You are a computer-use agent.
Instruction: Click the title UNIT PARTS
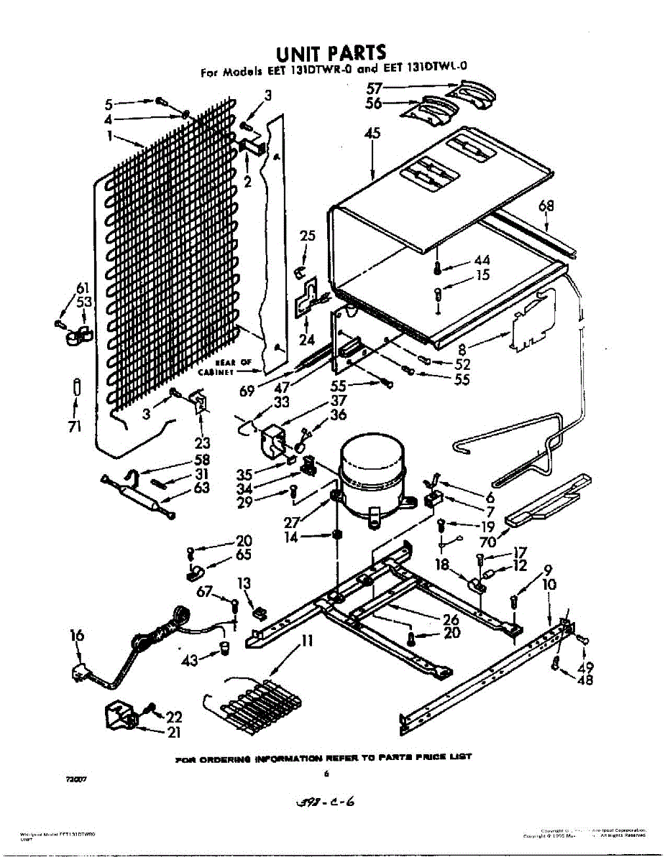332,52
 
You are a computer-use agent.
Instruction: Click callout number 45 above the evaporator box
372,134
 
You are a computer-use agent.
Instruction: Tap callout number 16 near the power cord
77,635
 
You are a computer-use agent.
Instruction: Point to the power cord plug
81,673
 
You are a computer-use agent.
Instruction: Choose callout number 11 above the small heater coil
307,639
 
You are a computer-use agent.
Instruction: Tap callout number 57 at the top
374,88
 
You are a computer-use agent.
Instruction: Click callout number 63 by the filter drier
201,488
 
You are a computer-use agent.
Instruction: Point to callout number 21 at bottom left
173,733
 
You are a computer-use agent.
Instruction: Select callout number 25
308,235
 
